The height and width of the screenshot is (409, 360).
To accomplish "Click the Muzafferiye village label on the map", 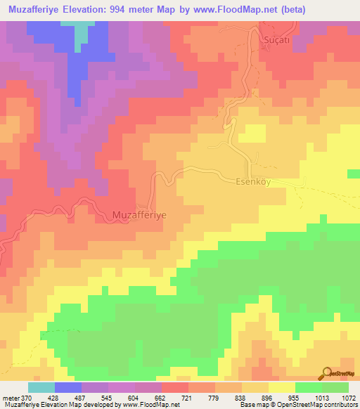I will point(139,214).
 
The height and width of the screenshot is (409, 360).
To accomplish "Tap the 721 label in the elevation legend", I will point(187,397).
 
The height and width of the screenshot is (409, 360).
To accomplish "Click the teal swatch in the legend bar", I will point(41,387).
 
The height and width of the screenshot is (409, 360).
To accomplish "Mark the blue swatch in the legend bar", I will point(67,387).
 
